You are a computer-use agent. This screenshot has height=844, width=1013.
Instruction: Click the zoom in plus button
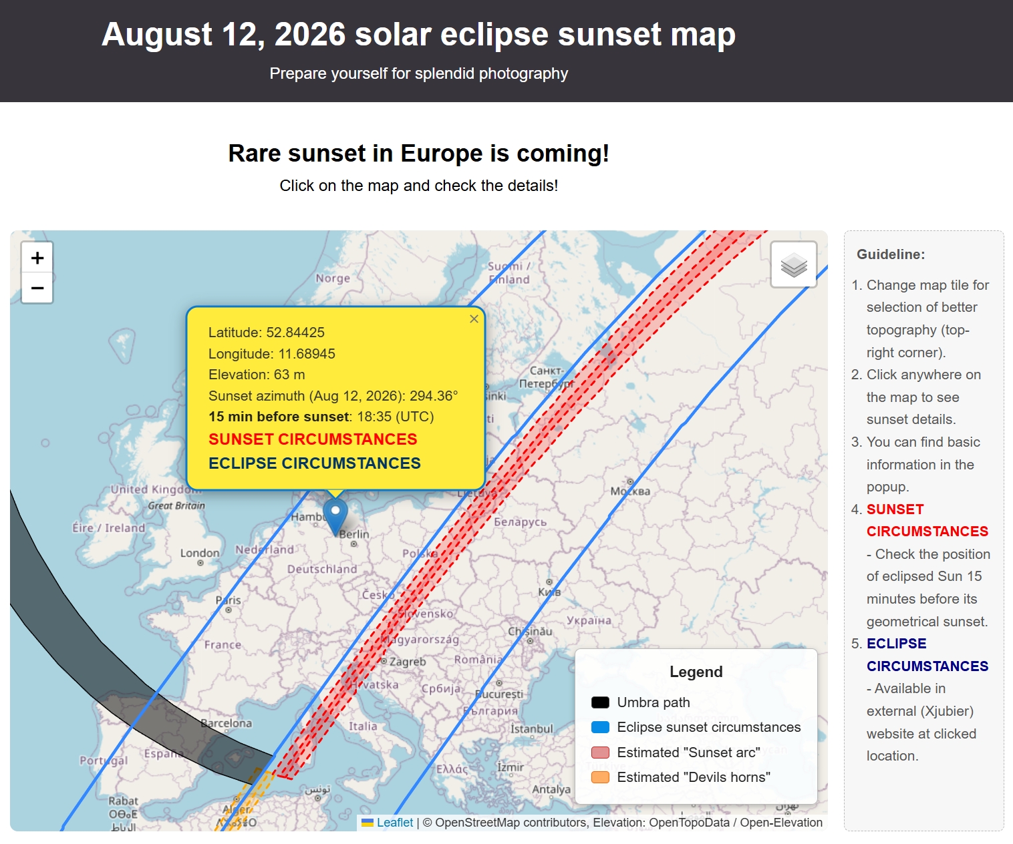pyautogui.click(x=37, y=258)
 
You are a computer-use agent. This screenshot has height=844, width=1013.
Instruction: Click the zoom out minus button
pyautogui.click(x=37, y=288)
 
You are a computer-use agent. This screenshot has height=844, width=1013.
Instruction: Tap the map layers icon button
pyautogui.click(x=794, y=264)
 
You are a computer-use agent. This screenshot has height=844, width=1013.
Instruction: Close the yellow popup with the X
pyautogui.click(x=474, y=319)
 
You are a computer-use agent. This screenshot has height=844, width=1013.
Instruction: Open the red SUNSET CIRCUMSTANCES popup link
pyautogui.click(x=313, y=439)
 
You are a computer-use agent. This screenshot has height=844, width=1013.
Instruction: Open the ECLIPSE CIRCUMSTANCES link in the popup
pyautogui.click(x=314, y=463)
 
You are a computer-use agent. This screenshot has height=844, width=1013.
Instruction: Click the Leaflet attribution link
pyautogui.click(x=394, y=823)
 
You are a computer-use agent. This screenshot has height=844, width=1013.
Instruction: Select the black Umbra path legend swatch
pyautogui.click(x=600, y=702)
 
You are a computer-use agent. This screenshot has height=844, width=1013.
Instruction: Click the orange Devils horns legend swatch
pyautogui.click(x=600, y=777)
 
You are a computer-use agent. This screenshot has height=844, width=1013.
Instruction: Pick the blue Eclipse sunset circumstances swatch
pyautogui.click(x=600, y=727)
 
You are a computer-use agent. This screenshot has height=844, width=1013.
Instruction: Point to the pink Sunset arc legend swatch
pyautogui.click(x=600, y=753)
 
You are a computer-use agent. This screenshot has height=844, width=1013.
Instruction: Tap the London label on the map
pyautogui.click(x=199, y=554)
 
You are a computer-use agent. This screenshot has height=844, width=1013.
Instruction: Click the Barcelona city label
pyautogui.click(x=227, y=723)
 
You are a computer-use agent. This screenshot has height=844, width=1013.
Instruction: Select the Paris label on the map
pyautogui.click(x=229, y=600)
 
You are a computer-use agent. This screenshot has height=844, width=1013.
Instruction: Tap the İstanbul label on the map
pyautogui.click(x=532, y=728)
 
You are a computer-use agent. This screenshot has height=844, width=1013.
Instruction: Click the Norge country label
pyautogui.click(x=333, y=278)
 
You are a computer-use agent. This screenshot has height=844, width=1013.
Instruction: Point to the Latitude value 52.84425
pyautogui.click(x=295, y=333)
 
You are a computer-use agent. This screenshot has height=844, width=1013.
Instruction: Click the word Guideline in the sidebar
pyautogui.click(x=891, y=254)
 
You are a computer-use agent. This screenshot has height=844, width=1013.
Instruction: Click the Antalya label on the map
pyautogui.click(x=551, y=789)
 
